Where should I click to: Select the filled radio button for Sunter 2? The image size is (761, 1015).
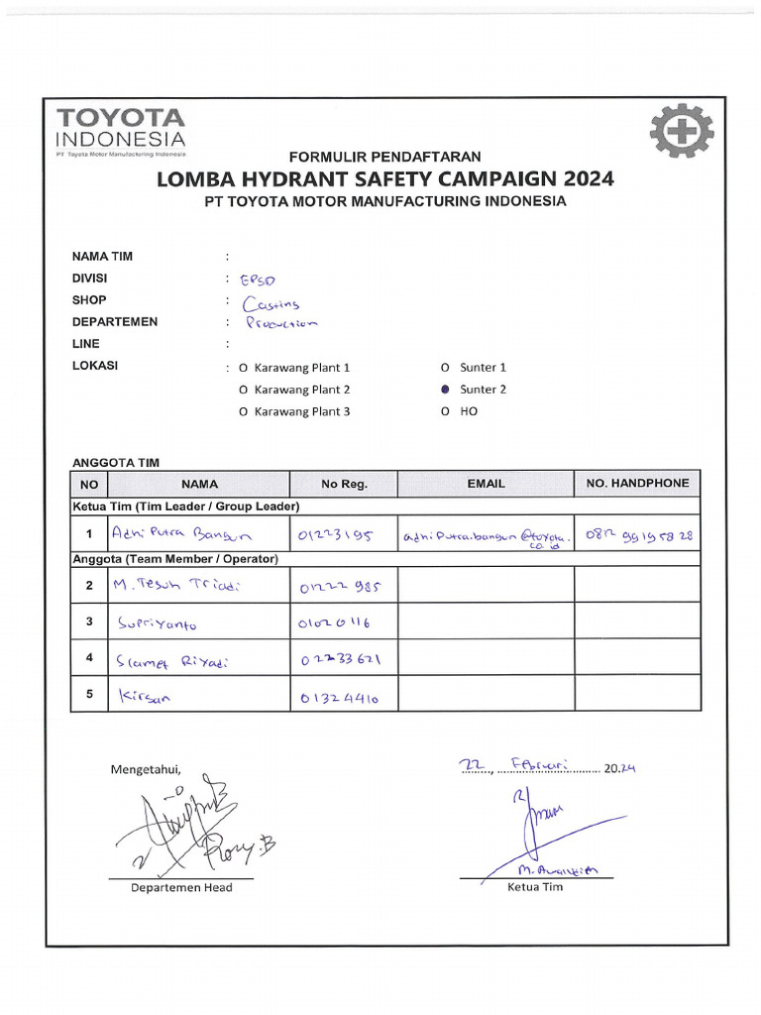point(445,390)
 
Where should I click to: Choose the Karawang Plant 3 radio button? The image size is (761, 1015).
point(243,411)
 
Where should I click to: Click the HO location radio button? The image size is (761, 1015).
point(445,411)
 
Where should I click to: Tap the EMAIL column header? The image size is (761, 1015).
point(486,484)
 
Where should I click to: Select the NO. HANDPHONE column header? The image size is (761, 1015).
point(637,484)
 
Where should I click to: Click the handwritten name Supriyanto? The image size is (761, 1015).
point(158,624)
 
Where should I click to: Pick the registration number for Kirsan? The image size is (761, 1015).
point(338,699)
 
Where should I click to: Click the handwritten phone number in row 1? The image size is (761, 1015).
point(638,536)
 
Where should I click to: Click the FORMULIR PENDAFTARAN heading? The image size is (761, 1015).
point(384,157)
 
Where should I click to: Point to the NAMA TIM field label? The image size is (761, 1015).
point(102,257)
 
